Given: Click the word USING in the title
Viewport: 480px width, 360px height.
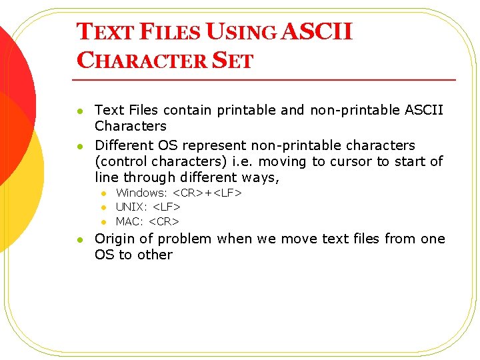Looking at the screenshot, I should [241, 32].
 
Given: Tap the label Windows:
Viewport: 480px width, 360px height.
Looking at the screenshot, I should [142, 193].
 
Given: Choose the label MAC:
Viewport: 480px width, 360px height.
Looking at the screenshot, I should [130, 221].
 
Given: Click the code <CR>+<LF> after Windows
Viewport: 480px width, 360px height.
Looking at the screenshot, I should [207, 193].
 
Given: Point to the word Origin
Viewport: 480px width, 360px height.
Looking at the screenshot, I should [115, 239].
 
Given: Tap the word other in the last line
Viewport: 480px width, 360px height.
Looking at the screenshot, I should [155, 255].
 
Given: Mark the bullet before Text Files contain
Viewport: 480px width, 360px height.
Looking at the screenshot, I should [79, 111].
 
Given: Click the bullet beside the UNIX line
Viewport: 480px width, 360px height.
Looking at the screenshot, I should [104, 208].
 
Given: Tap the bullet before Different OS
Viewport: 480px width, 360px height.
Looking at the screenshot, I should [79, 146].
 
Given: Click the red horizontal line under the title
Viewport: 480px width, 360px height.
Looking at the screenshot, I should [267, 80].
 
